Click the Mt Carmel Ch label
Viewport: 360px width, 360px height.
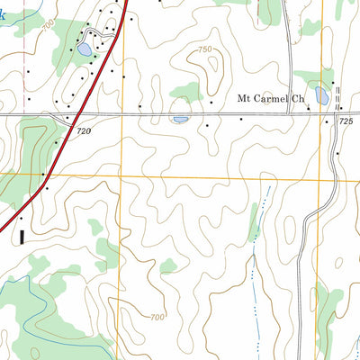point(270,99)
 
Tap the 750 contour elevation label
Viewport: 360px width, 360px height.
point(205,49)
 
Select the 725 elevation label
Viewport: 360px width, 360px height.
point(347,121)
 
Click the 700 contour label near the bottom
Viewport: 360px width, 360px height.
point(157,317)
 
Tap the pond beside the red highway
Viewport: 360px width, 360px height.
point(83,50)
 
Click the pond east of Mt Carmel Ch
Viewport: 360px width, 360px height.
point(322,95)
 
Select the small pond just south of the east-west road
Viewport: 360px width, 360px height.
point(180,119)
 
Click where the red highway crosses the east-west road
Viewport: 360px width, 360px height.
point(73,115)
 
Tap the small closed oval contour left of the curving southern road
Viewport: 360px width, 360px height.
point(290,232)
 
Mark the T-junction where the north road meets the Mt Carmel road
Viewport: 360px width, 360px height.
point(288,114)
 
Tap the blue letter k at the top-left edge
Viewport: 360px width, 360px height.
point(4,15)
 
